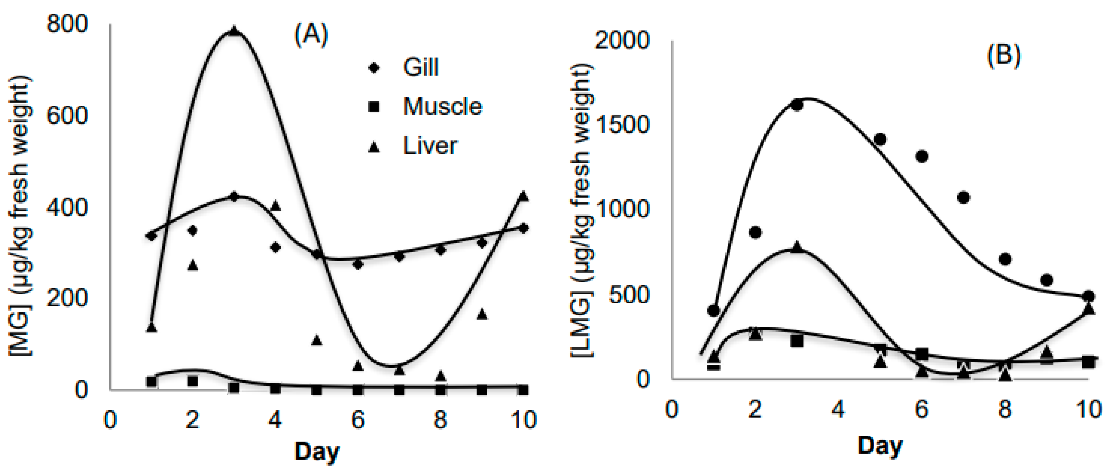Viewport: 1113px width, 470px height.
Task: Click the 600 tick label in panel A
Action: [x=67, y=116]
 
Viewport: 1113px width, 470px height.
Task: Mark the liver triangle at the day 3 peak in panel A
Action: [x=234, y=31]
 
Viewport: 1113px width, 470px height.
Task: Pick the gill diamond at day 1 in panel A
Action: [x=151, y=236]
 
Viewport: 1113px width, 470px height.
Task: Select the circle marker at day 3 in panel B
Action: [x=797, y=105]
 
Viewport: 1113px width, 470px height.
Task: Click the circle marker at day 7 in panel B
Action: [x=964, y=197]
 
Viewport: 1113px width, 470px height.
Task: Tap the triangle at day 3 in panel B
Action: [x=797, y=247]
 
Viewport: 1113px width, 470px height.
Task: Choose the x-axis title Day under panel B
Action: [x=880, y=446]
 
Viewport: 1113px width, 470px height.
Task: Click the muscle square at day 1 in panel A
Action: [x=151, y=382]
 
